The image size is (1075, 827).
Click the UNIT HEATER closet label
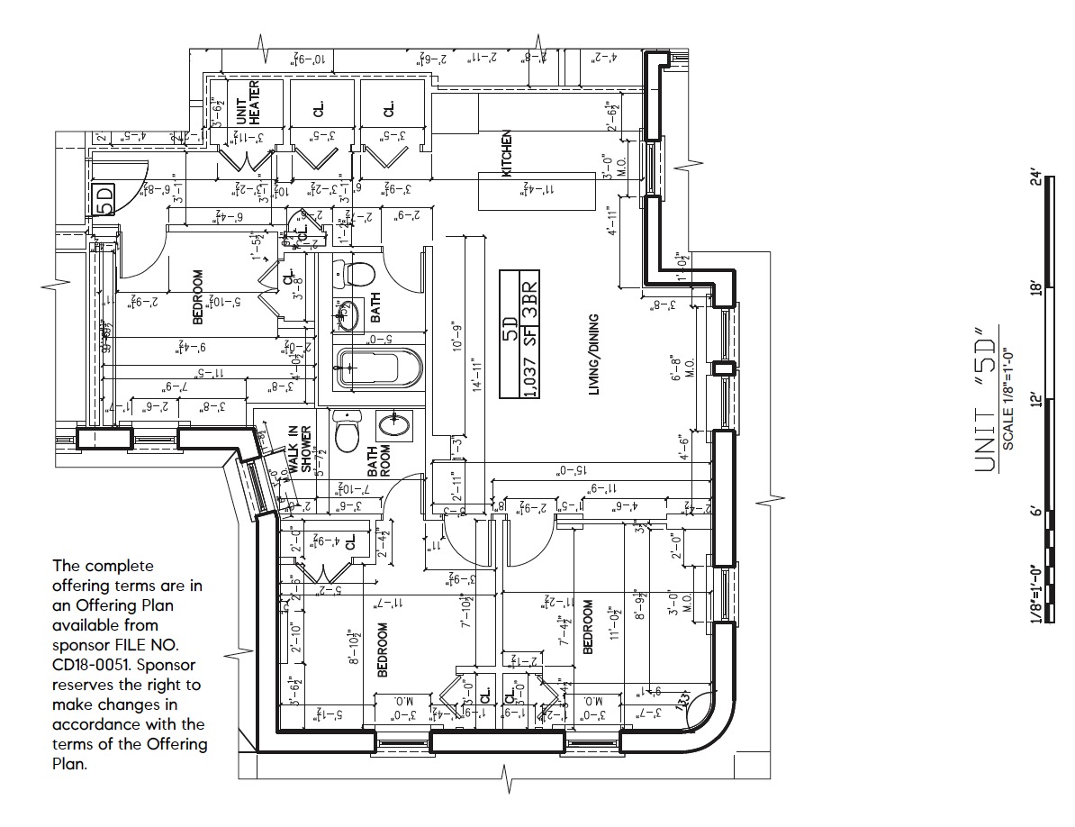(x=248, y=102)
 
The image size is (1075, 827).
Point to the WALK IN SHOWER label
(x=300, y=449)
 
